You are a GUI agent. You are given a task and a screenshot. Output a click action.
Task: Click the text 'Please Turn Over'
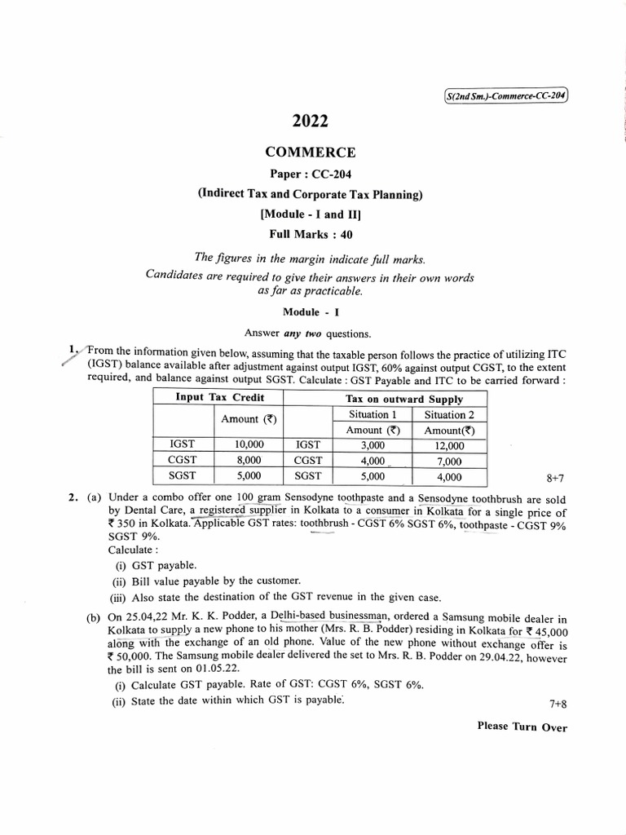coord(522,727)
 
